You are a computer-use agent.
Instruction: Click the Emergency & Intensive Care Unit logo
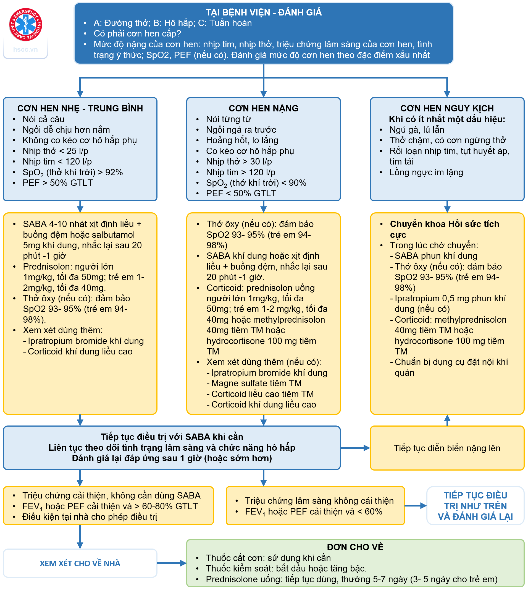[25, 24]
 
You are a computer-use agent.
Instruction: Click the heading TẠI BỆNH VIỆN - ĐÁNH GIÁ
[263, 12]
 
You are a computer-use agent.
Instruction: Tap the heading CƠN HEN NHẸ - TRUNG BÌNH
[80, 108]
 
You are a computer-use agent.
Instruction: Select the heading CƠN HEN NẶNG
[263, 108]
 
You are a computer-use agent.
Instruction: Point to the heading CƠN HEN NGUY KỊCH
[447, 108]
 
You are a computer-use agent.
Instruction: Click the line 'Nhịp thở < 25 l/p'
[56, 151]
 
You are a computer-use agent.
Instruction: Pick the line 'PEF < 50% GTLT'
[241, 193]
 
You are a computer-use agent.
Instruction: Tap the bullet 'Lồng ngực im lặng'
[426, 172]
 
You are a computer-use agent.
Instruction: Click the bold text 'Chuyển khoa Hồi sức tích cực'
[444, 229]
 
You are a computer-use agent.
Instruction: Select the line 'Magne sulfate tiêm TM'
[256, 383]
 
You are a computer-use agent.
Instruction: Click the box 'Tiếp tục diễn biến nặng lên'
[447, 448]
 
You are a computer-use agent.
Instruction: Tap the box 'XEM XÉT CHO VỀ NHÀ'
[80, 563]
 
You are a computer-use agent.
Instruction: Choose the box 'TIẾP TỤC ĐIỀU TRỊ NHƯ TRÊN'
[475, 506]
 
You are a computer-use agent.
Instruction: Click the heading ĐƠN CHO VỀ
[355, 547]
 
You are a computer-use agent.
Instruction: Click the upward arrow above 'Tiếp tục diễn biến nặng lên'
[447, 420]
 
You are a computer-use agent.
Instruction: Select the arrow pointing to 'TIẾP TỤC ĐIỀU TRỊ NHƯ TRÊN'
[416, 506]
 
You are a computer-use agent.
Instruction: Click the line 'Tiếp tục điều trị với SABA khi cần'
[172, 437]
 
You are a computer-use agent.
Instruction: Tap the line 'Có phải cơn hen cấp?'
[137, 34]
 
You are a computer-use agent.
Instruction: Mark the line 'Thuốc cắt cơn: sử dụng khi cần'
[268, 558]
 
